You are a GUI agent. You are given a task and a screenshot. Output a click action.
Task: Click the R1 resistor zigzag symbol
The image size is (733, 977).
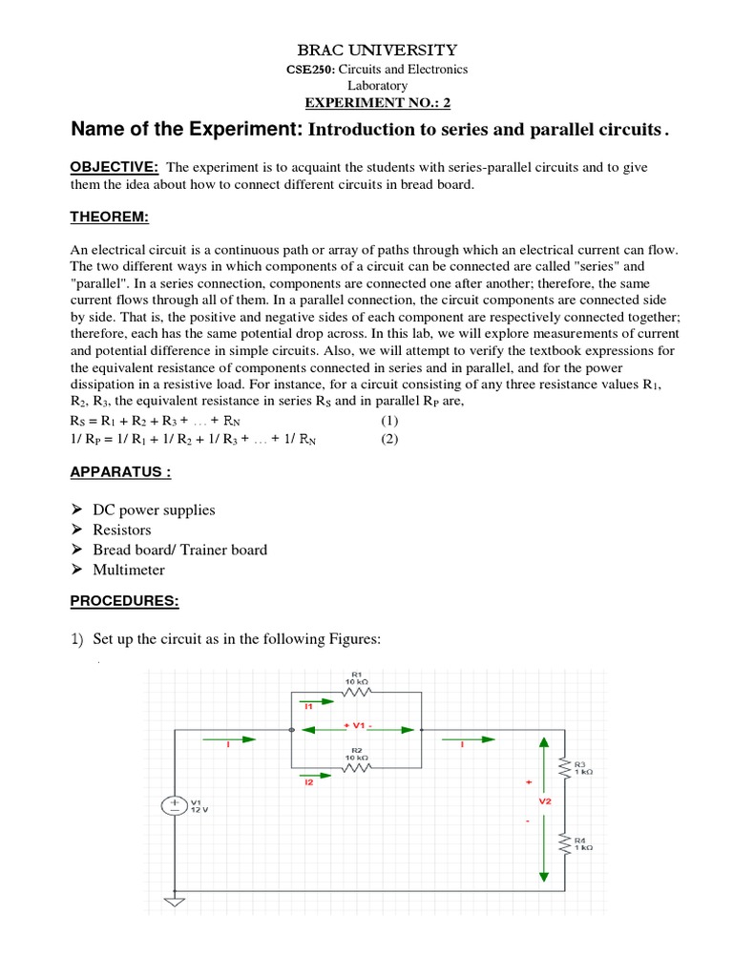pos(355,693)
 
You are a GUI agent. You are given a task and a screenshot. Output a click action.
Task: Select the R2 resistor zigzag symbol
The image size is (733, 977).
pos(355,766)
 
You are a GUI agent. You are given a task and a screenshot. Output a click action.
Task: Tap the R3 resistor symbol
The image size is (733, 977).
pos(570,767)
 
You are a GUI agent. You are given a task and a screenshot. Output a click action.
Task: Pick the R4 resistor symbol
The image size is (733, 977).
pos(570,844)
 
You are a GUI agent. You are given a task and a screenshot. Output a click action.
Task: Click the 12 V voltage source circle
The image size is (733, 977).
pos(175,806)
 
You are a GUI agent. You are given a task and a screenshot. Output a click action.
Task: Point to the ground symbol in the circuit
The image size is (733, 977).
pos(175,901)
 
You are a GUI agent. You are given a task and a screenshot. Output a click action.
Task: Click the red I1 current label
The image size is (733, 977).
pos(307,707)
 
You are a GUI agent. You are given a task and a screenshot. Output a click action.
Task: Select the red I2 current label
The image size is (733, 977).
pos(307,781)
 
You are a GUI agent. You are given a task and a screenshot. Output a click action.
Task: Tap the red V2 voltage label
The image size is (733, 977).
pos(545,801)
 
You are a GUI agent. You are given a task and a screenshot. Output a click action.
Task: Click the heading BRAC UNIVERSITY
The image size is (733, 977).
pos(366,50)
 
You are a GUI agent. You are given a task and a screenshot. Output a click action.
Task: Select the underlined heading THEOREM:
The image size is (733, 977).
pos(110,218)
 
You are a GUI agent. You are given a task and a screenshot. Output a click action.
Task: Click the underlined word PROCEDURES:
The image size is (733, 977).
pos(125,602)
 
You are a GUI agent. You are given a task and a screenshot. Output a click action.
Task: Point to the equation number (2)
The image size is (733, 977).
pos(388,439)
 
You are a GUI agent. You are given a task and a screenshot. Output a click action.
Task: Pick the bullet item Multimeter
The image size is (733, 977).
pos(129,570)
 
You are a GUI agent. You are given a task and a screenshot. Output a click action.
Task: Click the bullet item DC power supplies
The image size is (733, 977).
pos(154,509)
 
